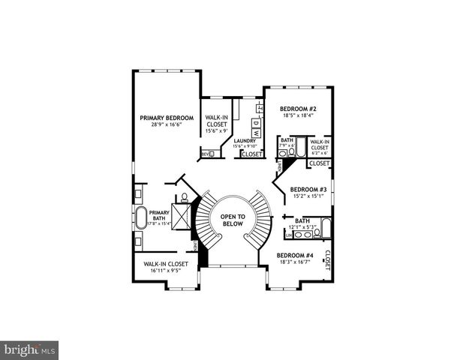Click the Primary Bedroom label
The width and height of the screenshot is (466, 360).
click(167, 118)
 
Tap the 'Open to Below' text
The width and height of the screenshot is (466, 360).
click(232, 220)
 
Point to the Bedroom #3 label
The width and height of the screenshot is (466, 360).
click(308, 189)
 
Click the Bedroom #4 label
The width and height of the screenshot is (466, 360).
click(294, 255)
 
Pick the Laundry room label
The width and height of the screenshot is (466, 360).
click(245, 140)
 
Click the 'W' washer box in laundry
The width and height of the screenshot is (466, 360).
click(256, 133)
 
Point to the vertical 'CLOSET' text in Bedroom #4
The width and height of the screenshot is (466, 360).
click(328, 259)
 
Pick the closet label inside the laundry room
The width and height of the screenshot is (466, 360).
click(252, 154)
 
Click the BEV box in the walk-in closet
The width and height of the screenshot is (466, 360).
click(206, 154)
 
